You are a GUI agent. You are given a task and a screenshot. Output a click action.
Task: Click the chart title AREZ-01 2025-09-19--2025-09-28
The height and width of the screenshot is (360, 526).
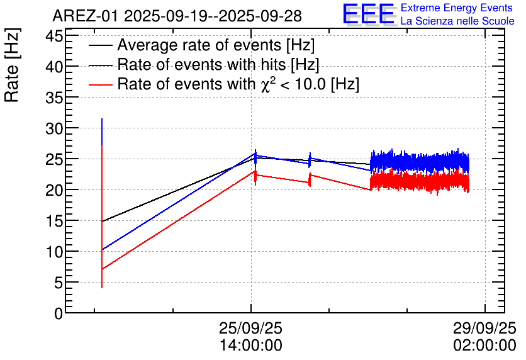(178, 16)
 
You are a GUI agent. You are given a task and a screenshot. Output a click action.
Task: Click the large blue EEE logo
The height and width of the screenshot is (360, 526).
(368, 14)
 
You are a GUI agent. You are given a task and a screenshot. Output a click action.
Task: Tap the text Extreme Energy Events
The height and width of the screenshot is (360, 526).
(457, 8)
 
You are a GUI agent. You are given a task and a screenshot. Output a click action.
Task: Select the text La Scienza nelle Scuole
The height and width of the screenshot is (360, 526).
(457, 21)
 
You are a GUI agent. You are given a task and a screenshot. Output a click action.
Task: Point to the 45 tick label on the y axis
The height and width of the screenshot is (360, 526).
(55, 36)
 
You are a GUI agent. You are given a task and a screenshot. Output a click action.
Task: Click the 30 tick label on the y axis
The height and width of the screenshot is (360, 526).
(55, 128)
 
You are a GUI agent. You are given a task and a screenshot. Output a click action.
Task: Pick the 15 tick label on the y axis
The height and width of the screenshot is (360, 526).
(55, 221)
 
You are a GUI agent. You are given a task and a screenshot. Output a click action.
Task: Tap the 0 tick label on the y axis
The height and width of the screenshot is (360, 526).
(59, 313)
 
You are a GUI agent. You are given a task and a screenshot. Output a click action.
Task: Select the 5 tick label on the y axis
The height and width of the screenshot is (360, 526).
(59, 283)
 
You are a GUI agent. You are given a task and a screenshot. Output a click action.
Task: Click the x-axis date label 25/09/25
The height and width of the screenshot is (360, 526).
(250, 329)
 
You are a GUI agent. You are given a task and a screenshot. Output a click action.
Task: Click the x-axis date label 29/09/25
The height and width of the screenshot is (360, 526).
(484, 329)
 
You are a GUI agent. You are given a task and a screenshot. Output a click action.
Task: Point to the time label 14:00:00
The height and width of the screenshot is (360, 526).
(250, 346)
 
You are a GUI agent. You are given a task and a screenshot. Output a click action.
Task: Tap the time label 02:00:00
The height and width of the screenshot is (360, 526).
(484, 346)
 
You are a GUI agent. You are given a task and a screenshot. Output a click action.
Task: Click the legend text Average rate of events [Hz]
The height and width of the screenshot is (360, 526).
(215, 46)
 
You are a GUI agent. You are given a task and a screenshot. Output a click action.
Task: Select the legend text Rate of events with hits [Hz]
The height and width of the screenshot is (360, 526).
(218, 65)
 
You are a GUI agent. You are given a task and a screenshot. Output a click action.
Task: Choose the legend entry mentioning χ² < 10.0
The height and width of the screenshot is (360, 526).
(238, 84)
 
